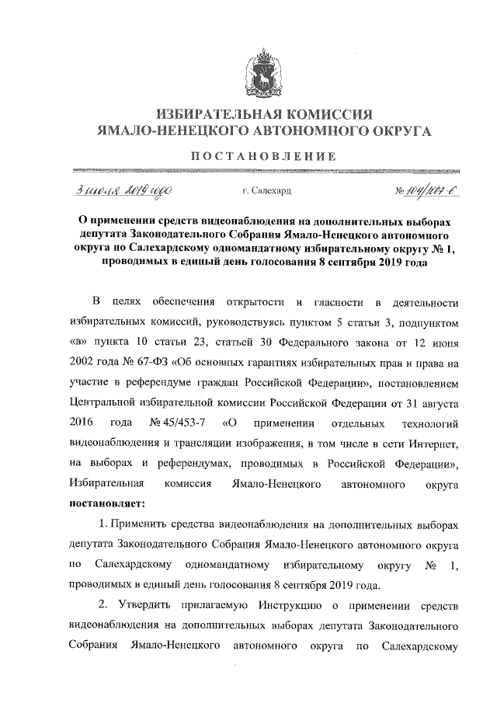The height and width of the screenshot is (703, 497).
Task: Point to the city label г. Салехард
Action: click(267, 190)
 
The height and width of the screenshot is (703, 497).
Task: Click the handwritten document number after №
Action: click(423, 189)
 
